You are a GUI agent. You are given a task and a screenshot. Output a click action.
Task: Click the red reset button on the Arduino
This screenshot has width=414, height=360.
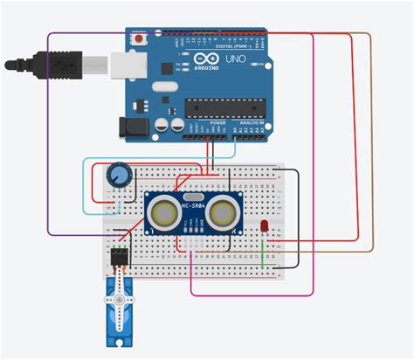coord(137,39)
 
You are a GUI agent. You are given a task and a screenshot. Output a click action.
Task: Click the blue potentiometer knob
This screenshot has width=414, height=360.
coord(118,177)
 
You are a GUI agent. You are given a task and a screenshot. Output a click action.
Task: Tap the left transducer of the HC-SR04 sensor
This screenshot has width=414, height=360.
coord(162,211)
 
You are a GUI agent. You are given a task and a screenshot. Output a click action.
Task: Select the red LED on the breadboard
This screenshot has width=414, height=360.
coord(264,227)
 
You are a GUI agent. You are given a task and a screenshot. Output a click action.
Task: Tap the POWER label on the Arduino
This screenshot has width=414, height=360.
coord(217,123)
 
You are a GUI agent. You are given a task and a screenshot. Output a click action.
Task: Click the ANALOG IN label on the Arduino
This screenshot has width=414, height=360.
coord(252,123)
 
